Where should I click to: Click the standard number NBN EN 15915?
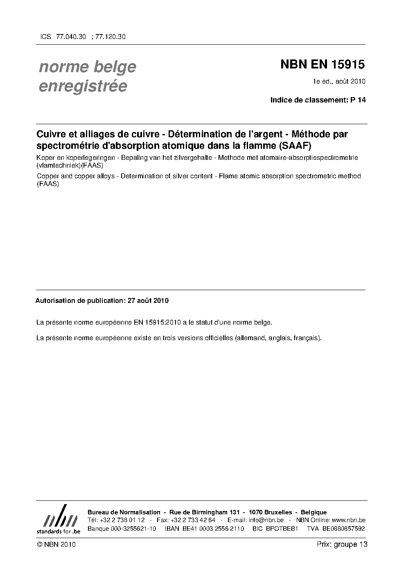pyautogui.click(x=323, y=64)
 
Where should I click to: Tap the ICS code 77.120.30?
pyautogui.click(x=110, y=36)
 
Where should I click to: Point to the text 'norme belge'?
pyautogui.click(x=88, y=67)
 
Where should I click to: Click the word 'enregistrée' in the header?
pyautogui.click(x=83, y=86)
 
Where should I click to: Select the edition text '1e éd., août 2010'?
pyautogui.click(x=339, y=81)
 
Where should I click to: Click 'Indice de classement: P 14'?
pyautogui.click(x=318, y=100)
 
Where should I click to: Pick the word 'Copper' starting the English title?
pyautogui.click(x=47, y=176)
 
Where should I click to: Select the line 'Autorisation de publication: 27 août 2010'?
pyautogui.click(x=102, y=300)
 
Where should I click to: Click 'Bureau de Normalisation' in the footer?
pyautogui.click(x=124, y=512)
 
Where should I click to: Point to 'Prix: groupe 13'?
pyautogui.click(x=342, y=544)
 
